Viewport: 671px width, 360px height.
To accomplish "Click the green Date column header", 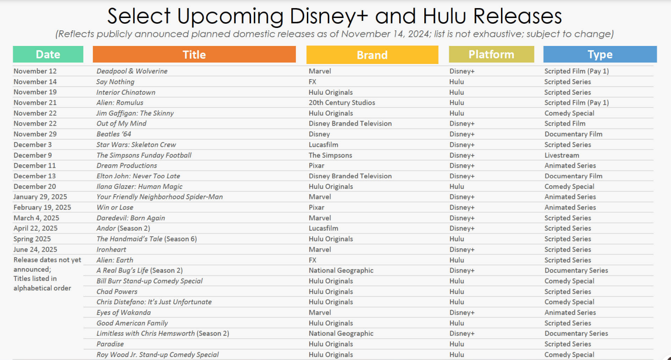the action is coord(48,54).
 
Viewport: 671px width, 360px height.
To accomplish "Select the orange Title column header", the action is coord(194,54).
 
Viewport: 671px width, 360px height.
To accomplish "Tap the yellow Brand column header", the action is coord(372,54).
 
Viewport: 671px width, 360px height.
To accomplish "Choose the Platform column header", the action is coord(491,54).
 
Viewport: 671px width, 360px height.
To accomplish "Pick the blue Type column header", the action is coord(600,54).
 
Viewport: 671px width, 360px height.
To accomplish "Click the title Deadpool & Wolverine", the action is coord(132,71).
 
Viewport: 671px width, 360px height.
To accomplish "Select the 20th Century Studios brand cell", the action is coord(342,102).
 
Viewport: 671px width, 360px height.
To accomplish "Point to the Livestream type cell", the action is coord(562,155).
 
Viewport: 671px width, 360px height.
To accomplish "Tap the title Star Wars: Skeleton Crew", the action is coord(136,145).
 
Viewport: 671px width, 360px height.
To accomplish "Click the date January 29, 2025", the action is coord(40,197).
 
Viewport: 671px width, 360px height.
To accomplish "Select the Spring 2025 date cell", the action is coord(32,239).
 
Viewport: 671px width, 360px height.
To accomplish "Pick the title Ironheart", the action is coord(111,249).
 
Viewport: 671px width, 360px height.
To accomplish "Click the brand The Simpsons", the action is coord(330,155).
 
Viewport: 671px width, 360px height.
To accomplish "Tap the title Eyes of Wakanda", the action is coord(124,313).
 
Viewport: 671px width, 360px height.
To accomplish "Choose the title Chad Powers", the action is coord(117,292).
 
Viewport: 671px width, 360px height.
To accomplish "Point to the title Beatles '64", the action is coord(114,134).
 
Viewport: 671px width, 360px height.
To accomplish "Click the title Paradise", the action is coord(110,344).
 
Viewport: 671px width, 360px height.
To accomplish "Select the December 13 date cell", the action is coord(35,176).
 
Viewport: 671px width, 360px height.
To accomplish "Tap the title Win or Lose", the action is coord(115,207).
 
